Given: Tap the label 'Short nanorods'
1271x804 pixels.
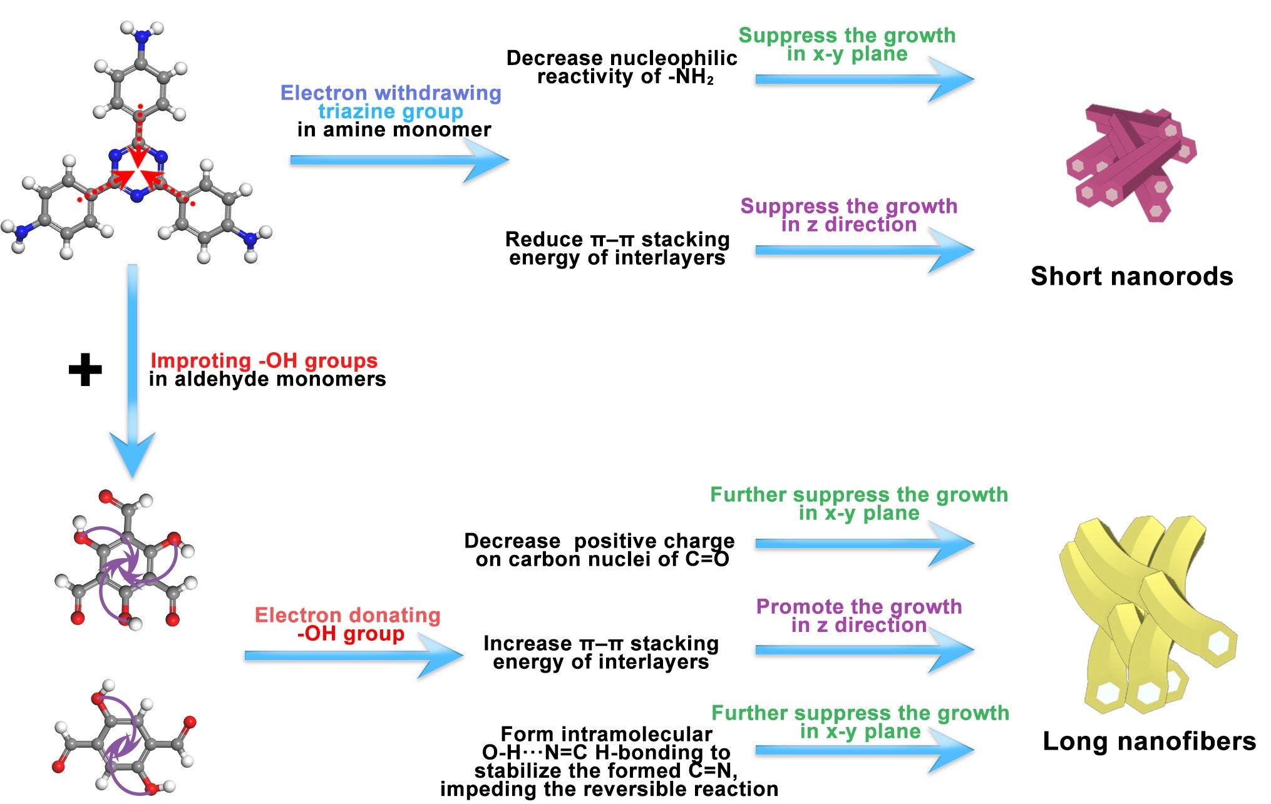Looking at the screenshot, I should (1131, 276).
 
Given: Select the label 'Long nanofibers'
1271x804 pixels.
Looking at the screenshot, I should (1149, 741).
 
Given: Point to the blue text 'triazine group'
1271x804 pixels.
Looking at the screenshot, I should (391, 111).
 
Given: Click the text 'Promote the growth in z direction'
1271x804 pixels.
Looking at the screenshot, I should (858, 615).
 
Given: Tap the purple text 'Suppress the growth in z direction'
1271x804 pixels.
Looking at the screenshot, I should (848, 215).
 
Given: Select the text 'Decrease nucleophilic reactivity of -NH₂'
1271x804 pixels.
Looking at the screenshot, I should (622, 67).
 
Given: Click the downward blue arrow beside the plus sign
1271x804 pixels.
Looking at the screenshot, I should (132, 375).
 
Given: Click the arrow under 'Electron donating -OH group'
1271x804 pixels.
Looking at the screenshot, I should (354, 655).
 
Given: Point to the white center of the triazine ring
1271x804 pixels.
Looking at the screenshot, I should (138, 173).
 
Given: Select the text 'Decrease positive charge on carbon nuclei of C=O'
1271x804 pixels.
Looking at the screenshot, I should (600, 549).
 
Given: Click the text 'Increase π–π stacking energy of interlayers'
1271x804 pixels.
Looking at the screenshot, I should (601, 652).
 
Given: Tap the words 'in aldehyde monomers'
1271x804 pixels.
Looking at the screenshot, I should (267, 379).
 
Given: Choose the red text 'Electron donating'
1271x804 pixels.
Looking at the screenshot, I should (347, 615).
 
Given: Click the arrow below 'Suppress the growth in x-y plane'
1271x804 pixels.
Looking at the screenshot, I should (864, 79).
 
